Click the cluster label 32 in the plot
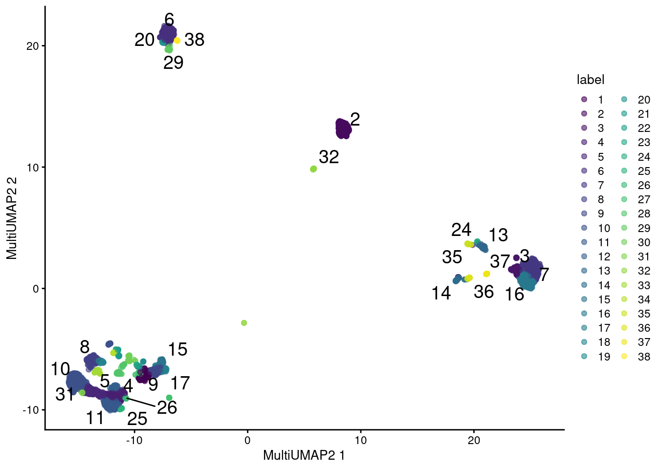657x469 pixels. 328,157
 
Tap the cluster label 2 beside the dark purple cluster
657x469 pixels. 355,120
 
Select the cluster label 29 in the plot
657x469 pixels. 173,63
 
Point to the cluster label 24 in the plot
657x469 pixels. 461,230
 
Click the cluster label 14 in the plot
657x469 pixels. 441,293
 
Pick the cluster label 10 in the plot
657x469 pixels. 60,369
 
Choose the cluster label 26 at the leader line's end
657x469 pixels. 167,407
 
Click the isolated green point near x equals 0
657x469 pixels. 244,323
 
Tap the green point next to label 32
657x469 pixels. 313,169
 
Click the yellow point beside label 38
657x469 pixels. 177,41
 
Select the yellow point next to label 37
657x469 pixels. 486,274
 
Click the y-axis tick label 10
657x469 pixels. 33,168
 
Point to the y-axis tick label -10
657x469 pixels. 30,410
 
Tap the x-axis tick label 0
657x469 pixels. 247,440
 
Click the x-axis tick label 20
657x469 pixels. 474,440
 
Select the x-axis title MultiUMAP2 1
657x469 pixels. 304,455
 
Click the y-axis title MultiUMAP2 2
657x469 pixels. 12,218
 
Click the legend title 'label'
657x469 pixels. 591,80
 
